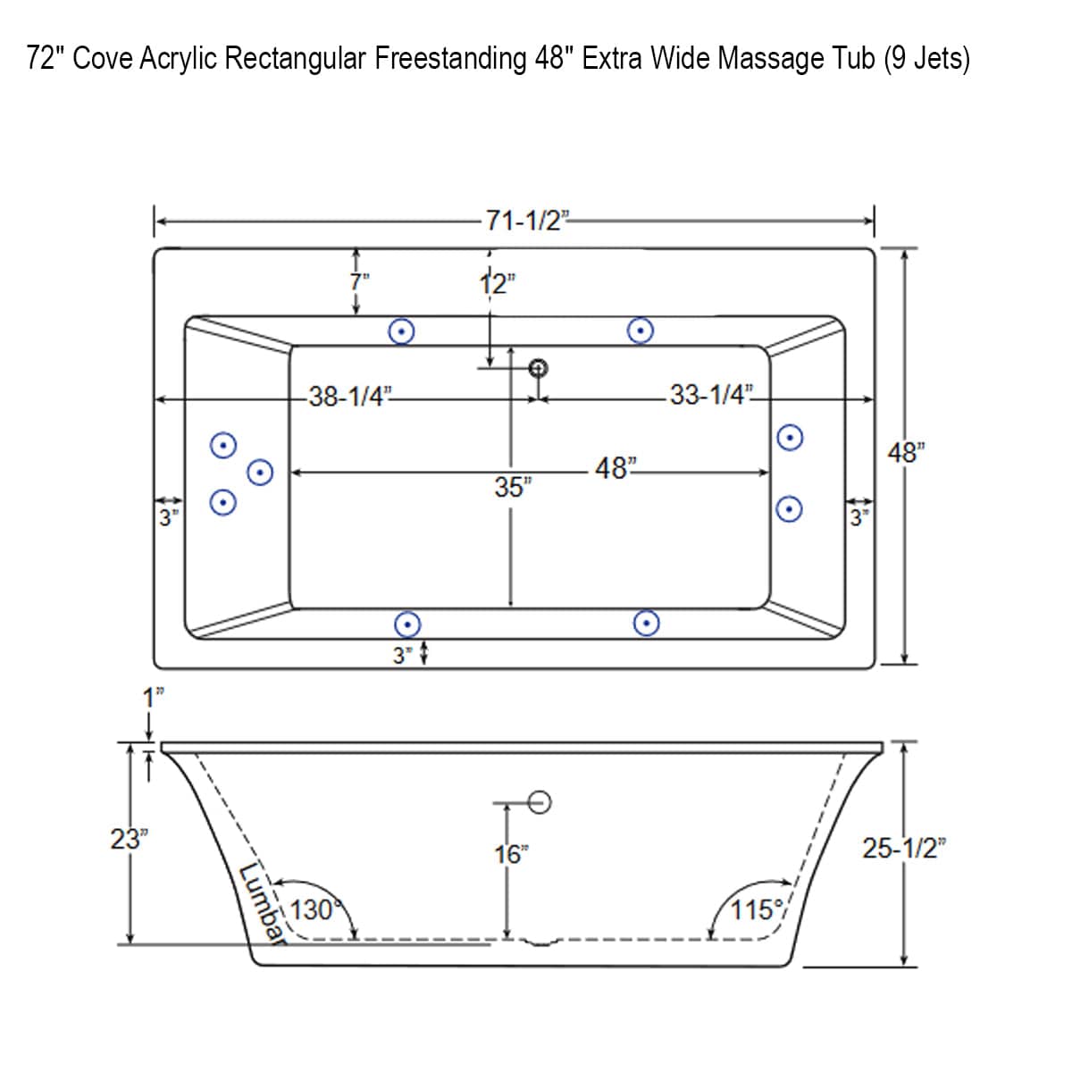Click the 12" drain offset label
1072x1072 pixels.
[497, 284]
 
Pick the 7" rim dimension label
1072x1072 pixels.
[359, 280]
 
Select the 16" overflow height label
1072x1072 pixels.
[509, 855]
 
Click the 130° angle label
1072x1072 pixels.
[312, 910]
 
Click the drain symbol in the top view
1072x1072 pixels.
[538, 367]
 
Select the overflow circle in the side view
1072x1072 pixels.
[540, 802]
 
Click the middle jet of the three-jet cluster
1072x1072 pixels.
[260, 472]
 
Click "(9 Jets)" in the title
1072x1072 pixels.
[926, 59]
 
